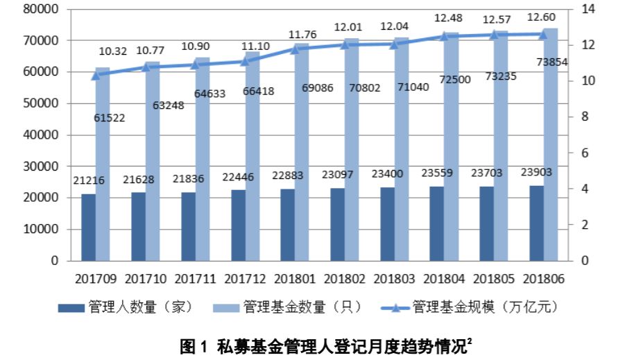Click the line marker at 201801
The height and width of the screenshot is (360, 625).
point(295,49)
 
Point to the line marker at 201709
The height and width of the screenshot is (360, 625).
point(96,74)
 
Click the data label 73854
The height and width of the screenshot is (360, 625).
point(551,62)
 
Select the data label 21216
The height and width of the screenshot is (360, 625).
point(88,180)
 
